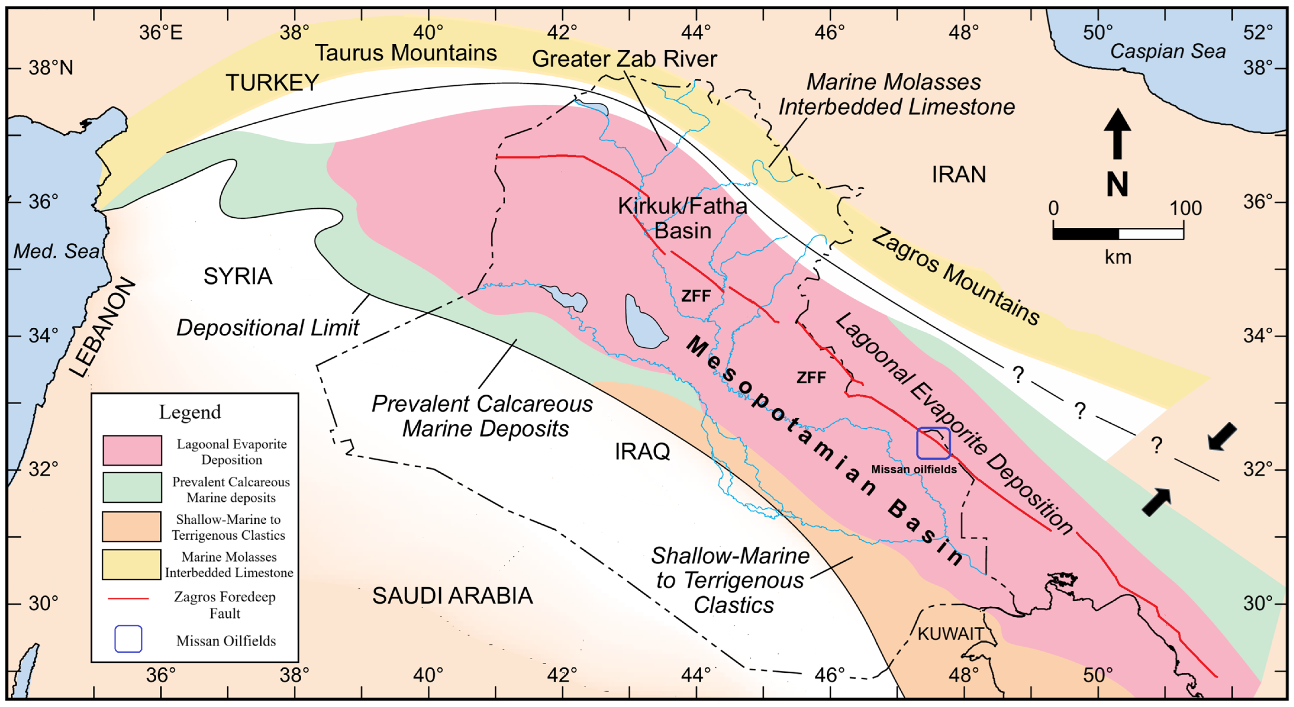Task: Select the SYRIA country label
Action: [238, 276]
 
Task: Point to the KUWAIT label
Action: [949, 634]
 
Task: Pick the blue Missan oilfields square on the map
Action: [933, 443]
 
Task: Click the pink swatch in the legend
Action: [132, 450]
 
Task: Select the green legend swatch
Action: [132, 487]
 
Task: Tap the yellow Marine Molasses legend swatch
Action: [132, 564]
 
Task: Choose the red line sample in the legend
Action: [129, 598]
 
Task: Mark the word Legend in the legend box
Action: [190, 412]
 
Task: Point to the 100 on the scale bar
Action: [1186, 208]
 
